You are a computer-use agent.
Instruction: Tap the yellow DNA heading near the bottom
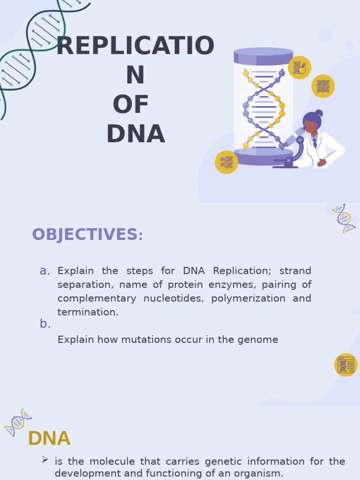pos(49,439)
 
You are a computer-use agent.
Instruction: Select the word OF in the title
pos(131,105)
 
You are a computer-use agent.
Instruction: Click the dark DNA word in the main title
pos(135,134)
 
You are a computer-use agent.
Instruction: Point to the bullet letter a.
pos(45,270)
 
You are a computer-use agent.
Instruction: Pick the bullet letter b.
pos(45,324)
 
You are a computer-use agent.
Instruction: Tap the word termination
pos(88,312)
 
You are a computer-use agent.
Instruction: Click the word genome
pos(260,339)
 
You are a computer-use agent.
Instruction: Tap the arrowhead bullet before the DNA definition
pos(45,460)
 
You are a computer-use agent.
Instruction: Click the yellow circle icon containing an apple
pos(300,68)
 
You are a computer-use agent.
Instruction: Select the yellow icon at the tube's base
pos(226,162)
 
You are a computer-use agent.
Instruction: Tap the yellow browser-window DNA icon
pos(346,365)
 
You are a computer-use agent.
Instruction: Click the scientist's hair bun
pos(319,113)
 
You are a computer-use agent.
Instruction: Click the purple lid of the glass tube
pos(263,56)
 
